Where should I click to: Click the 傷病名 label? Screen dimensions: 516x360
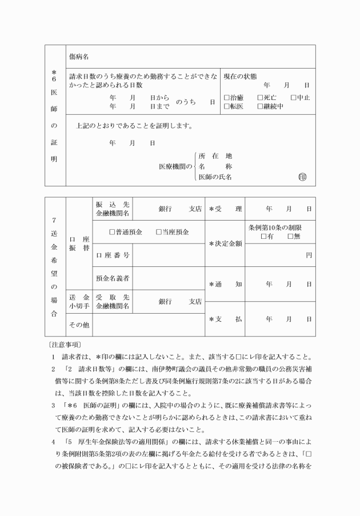(79, 57)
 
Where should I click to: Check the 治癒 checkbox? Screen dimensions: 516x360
(226, 98)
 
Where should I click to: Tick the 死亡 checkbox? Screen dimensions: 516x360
(260, 98)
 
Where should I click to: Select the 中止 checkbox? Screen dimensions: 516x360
(293, 98)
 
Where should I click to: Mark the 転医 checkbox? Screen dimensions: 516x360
(226, 106)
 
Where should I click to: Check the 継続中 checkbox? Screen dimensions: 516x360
(260, 106)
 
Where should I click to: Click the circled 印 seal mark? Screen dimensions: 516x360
(302, 177)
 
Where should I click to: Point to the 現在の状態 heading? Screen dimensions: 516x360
(240, 77)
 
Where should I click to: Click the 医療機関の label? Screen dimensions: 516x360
(176, 166)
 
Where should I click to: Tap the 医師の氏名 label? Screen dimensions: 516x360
(215, 177)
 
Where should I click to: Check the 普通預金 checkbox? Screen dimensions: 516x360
(113, 233)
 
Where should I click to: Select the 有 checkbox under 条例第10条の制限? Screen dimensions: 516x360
(263, 237)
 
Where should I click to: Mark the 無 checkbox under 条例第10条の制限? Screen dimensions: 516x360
(290, 237)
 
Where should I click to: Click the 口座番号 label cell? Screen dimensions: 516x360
(113, 255)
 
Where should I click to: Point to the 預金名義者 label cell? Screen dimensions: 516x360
(113, 278)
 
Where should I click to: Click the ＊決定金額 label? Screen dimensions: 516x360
(225, 243)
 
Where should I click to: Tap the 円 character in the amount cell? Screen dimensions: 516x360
(309, 255)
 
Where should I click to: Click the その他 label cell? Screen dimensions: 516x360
(79, 325)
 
